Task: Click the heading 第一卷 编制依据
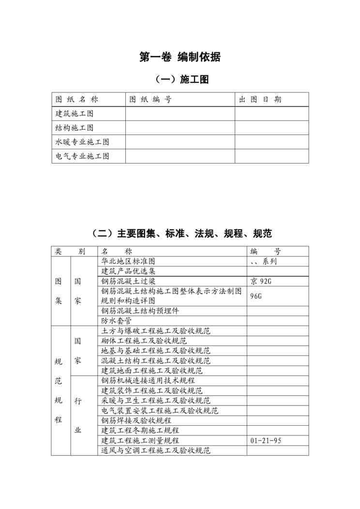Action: click(x=180, y=57)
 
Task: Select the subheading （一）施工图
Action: click(x=180, y=79)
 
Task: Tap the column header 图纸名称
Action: click(x=77, y=100)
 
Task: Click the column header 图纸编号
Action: click(x=150, y=100)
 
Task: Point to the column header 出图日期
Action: click(x=260, y=100)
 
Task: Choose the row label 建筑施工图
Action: click(x=75, y=114)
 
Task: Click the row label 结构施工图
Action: click(x=75, y=128)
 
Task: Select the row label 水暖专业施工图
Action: click(x=82, y=142)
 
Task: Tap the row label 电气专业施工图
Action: click(x=82, y=156)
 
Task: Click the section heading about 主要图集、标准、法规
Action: click(x=180, y=234)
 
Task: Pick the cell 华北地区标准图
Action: click(x=128, y=261)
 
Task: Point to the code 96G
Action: click(x=256, y=296)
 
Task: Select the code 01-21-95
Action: click(x=266, y=440)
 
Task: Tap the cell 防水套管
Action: click(x=117, y=320)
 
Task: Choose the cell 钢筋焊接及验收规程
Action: click(x=136, y=420)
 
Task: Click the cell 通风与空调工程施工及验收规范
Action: click(x=156, y=450)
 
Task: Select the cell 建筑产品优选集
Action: click(x=128, y=271)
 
